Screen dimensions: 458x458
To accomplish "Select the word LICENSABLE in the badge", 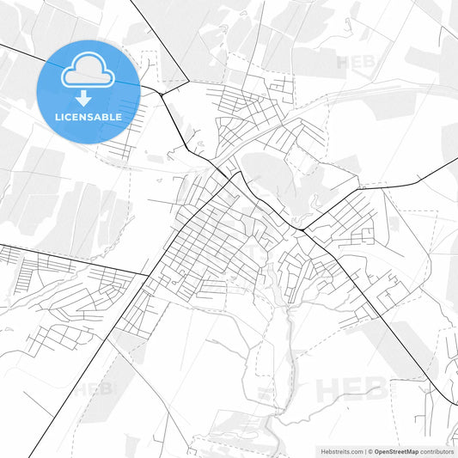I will [x=88, y=116].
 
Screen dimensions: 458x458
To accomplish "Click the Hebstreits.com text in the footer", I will [x=338, y=451].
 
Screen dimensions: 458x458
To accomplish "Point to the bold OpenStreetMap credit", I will [x=396, y=451].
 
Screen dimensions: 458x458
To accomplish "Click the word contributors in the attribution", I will [x=437, y=451].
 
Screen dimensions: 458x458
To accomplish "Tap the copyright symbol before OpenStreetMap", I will [x=369, y=451].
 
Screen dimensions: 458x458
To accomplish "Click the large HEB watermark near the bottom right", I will [x=351, y=389].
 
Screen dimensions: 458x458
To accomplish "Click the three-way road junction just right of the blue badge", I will [x=158, y=89].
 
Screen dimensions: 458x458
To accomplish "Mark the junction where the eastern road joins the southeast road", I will [x=302, y=229].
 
